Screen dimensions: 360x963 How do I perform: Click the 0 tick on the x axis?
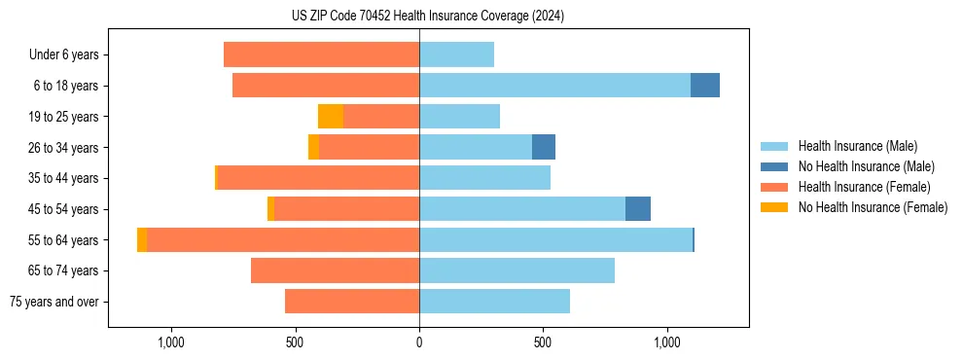(419, 342)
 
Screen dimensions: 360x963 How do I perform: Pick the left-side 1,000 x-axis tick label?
(170, 342)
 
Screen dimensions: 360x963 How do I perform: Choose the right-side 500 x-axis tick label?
(543, 342)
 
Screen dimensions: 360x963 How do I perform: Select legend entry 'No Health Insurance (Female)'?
(873, 207)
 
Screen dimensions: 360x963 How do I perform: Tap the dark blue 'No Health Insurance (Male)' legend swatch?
(774, 166)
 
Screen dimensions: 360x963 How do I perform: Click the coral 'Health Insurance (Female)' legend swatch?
(774, 187)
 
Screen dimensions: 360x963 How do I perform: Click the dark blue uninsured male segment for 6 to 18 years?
(705, 86)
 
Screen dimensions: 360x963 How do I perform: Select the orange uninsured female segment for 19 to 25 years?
(331, 117)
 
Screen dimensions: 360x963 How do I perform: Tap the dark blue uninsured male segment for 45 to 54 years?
(638, 209)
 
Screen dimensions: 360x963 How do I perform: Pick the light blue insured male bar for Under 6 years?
(456, 54)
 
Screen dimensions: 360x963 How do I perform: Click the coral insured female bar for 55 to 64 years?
(282, 240)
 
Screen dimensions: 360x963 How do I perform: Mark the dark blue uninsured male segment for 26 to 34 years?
(544, 147)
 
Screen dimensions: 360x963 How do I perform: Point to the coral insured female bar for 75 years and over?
(352, 302)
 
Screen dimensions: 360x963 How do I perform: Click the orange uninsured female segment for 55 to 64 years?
(142, 240)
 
